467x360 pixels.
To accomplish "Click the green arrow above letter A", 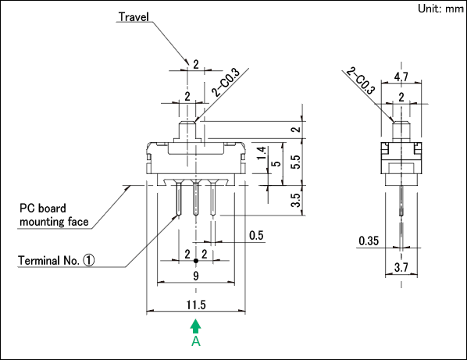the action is pos(196,326).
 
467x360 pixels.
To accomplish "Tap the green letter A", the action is pos(196,341).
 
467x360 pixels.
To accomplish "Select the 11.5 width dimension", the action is pos(196,305).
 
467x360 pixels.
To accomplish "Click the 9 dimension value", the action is pos(196,276).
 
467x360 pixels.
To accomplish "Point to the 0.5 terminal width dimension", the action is pos(256,235).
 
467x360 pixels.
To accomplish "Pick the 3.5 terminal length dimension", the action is pos(296,200).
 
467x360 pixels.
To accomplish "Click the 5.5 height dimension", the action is pos(296,162).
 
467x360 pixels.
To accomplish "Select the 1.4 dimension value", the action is pos(262,153).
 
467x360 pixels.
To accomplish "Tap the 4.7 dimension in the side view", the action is pos(401,77).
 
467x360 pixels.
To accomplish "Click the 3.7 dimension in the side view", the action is pos(401,267).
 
